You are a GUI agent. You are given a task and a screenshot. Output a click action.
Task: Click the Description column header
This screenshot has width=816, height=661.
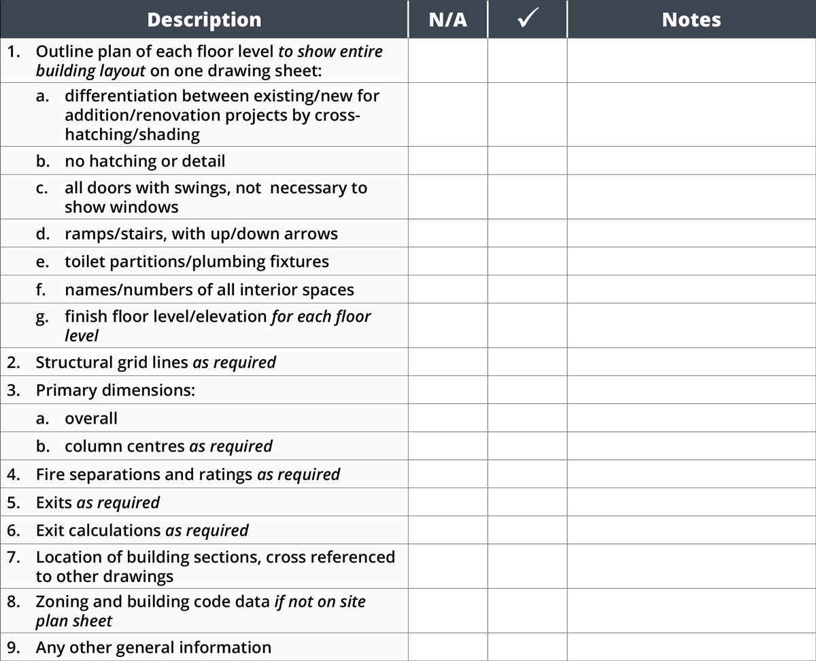click(204, 20)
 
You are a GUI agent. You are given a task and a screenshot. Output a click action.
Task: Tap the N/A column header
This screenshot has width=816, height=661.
click(448, 20)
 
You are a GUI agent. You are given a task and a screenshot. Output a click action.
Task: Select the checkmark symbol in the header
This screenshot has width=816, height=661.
click(528, 20)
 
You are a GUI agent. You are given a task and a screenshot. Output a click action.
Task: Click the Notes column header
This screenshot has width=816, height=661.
click(692, 20)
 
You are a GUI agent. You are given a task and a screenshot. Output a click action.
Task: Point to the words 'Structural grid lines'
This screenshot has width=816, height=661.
click(112, 362)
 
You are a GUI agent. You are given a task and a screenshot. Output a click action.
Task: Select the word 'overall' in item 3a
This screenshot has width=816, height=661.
click(91, 418)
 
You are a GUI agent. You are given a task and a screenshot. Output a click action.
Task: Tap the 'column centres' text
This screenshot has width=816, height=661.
click(124, 446)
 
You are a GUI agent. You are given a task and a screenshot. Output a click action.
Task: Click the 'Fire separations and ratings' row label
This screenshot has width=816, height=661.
click(144, 474)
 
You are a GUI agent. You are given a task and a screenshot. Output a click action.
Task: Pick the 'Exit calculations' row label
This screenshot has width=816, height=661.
click(99, 530)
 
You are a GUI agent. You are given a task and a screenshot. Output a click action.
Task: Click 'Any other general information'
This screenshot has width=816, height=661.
click(154, 647)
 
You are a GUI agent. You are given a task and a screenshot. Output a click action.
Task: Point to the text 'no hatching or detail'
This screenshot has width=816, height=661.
click(145, 161)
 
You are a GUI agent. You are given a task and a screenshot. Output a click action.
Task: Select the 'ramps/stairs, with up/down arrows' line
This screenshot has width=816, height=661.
click(201, 234)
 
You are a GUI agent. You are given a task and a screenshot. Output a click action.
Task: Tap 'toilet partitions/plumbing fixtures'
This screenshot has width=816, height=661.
click(197, 261)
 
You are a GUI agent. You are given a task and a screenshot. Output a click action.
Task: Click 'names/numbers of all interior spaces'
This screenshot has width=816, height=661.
click(209, 290)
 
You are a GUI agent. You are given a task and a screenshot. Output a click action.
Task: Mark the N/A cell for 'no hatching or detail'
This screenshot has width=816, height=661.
click(448, 161)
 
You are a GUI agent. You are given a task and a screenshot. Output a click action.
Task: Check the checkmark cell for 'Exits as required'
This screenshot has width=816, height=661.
click(528, 502)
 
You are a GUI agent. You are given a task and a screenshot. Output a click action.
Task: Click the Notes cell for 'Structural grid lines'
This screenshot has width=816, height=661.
click(692, 362)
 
